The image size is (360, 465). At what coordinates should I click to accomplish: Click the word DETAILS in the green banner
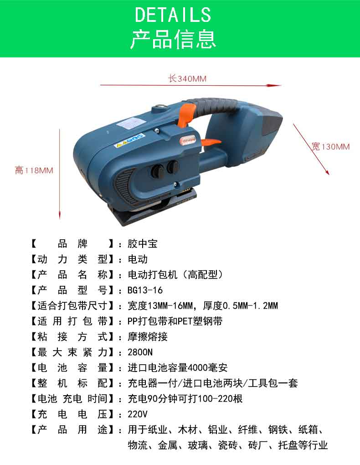click(x=173, y=15)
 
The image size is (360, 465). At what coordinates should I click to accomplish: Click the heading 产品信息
click(x=173, y=39)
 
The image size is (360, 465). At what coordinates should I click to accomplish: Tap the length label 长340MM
click(x=187, y=78)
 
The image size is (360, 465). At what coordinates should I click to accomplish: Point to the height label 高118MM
click(x=34, y=170)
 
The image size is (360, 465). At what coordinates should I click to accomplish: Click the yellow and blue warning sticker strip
click(x=129, y=140)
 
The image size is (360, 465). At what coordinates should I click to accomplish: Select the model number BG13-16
click(x=145, y=290)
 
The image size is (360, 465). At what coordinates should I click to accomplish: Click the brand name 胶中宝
click(x=142, y=244)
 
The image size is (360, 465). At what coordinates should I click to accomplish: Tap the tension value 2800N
click(x=140, y=352)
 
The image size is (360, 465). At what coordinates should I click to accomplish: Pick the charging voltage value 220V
click(x=137, y=414)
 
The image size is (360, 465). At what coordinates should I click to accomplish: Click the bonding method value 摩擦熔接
click(x=147, y=337)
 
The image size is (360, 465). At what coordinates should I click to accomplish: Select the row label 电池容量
click(x=72, y=368)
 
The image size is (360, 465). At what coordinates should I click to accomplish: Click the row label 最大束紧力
click(x=72, y=352)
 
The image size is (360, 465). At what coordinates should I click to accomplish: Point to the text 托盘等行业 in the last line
click(x=303, y=445)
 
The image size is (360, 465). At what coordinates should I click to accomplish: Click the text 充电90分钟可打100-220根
click(x=185, y=398)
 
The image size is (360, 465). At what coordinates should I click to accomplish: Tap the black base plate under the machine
click(x=148, y=212)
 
